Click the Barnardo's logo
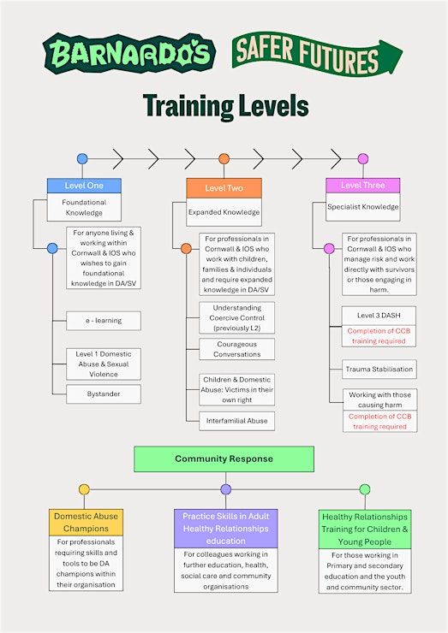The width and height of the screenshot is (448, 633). click(x=129, y=53)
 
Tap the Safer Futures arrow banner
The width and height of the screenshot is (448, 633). click(x=317, y=54)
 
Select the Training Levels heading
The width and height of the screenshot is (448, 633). click(x=225, y=105)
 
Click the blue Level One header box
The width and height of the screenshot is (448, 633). click(x=84, y=186)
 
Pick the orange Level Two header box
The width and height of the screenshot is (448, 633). click(x=224, y=188)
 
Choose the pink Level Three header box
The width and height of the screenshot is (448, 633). click(x=362, y=186)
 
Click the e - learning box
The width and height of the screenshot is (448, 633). click(x=104, y=321)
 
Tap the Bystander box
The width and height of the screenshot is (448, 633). click(x=104, y=394)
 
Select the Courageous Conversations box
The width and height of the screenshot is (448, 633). click(x=237, y=349)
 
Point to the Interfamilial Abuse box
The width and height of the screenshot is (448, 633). click(x=237, y=421)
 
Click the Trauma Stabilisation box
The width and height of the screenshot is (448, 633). click(x=379, y=369)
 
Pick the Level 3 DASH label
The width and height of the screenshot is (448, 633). click(x=379, y=316)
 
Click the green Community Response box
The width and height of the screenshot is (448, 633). click(x=224, y=459)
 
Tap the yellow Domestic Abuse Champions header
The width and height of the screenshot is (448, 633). click(x=87, y=522)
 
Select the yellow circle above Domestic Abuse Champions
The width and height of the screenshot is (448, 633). click(x=84, y=489)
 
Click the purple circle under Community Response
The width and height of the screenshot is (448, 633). click(x=226, y=489)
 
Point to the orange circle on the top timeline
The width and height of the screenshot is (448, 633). click(x=224, y=158)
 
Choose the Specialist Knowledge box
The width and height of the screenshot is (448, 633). click(x=363, y=207)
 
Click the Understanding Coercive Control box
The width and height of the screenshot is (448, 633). click(x=237, y=317)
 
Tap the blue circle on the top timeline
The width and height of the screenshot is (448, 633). click(x=82, y=158)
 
